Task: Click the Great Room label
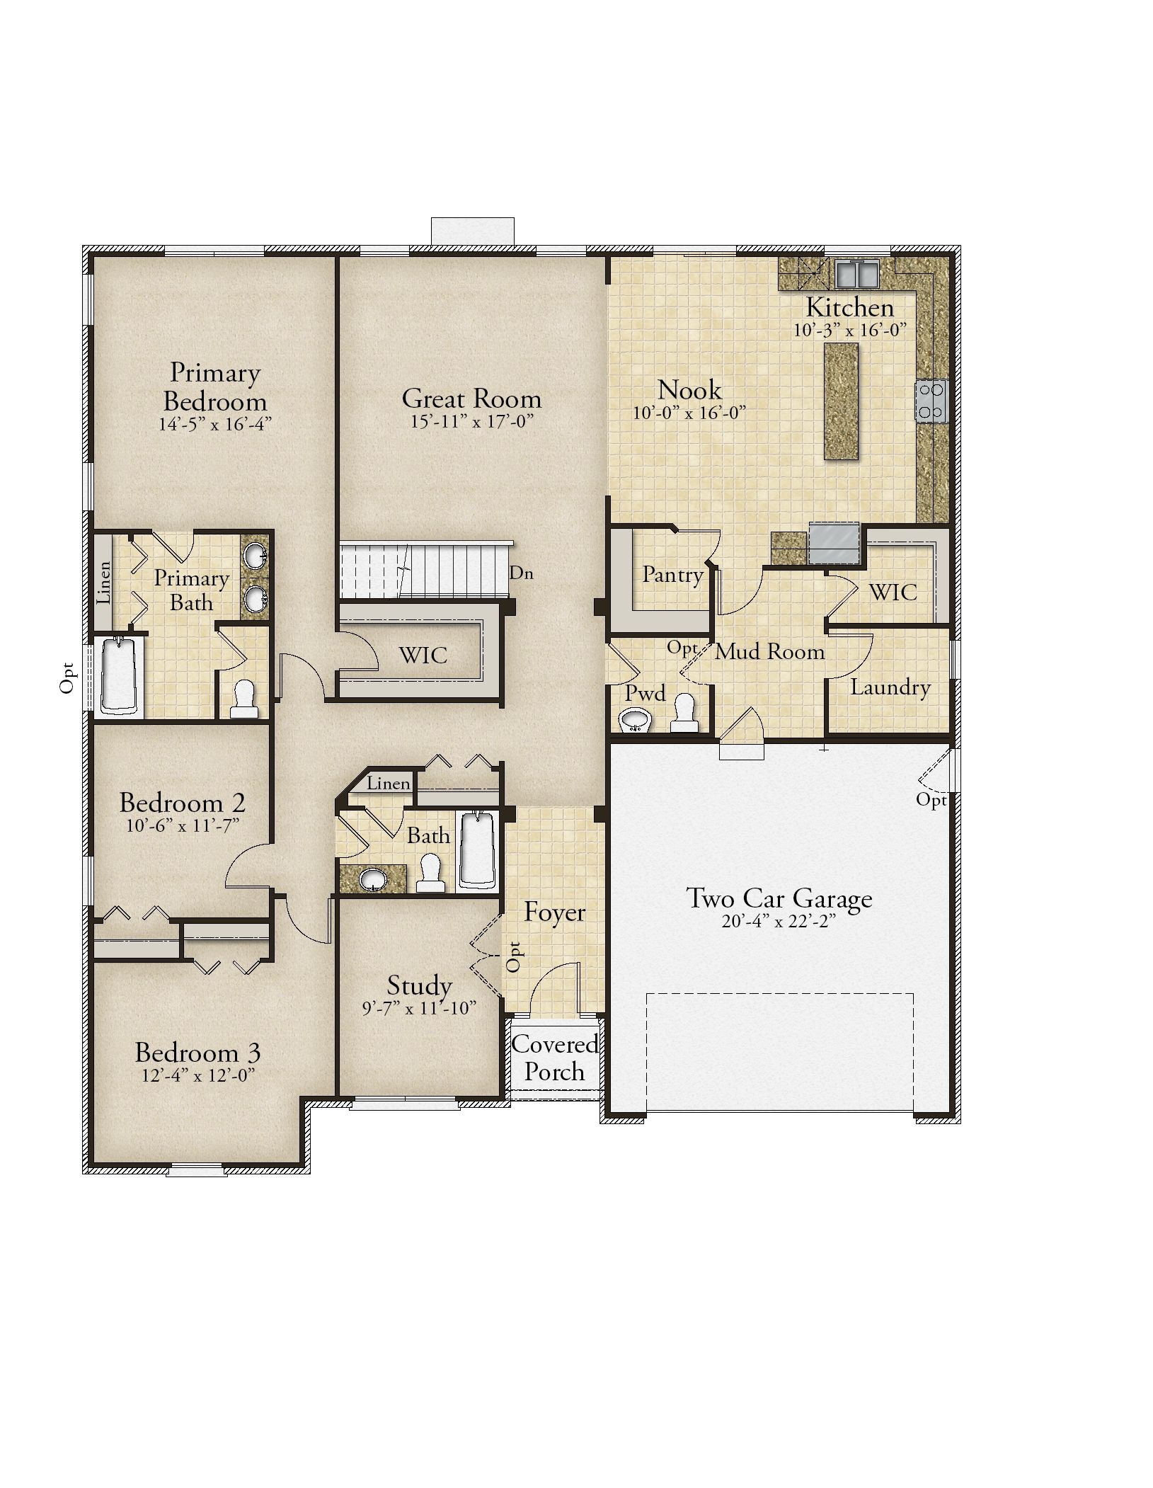[471, 399]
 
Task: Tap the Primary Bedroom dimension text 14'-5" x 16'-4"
[215, 424]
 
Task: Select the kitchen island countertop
[841, 401]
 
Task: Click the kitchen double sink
[857, 273]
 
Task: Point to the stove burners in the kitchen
[932, 401]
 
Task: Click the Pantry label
[672, 575]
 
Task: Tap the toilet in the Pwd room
[684, 713]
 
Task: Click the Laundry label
[890, 687]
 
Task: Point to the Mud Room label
[769, 651]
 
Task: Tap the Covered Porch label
[555, 1058]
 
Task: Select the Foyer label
[554, 912]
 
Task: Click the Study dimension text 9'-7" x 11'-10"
[419, 1008]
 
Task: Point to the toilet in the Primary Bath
[243, 699]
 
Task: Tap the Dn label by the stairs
[522, 573]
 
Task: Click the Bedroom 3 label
[197, 1053]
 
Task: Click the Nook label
[689, 390]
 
